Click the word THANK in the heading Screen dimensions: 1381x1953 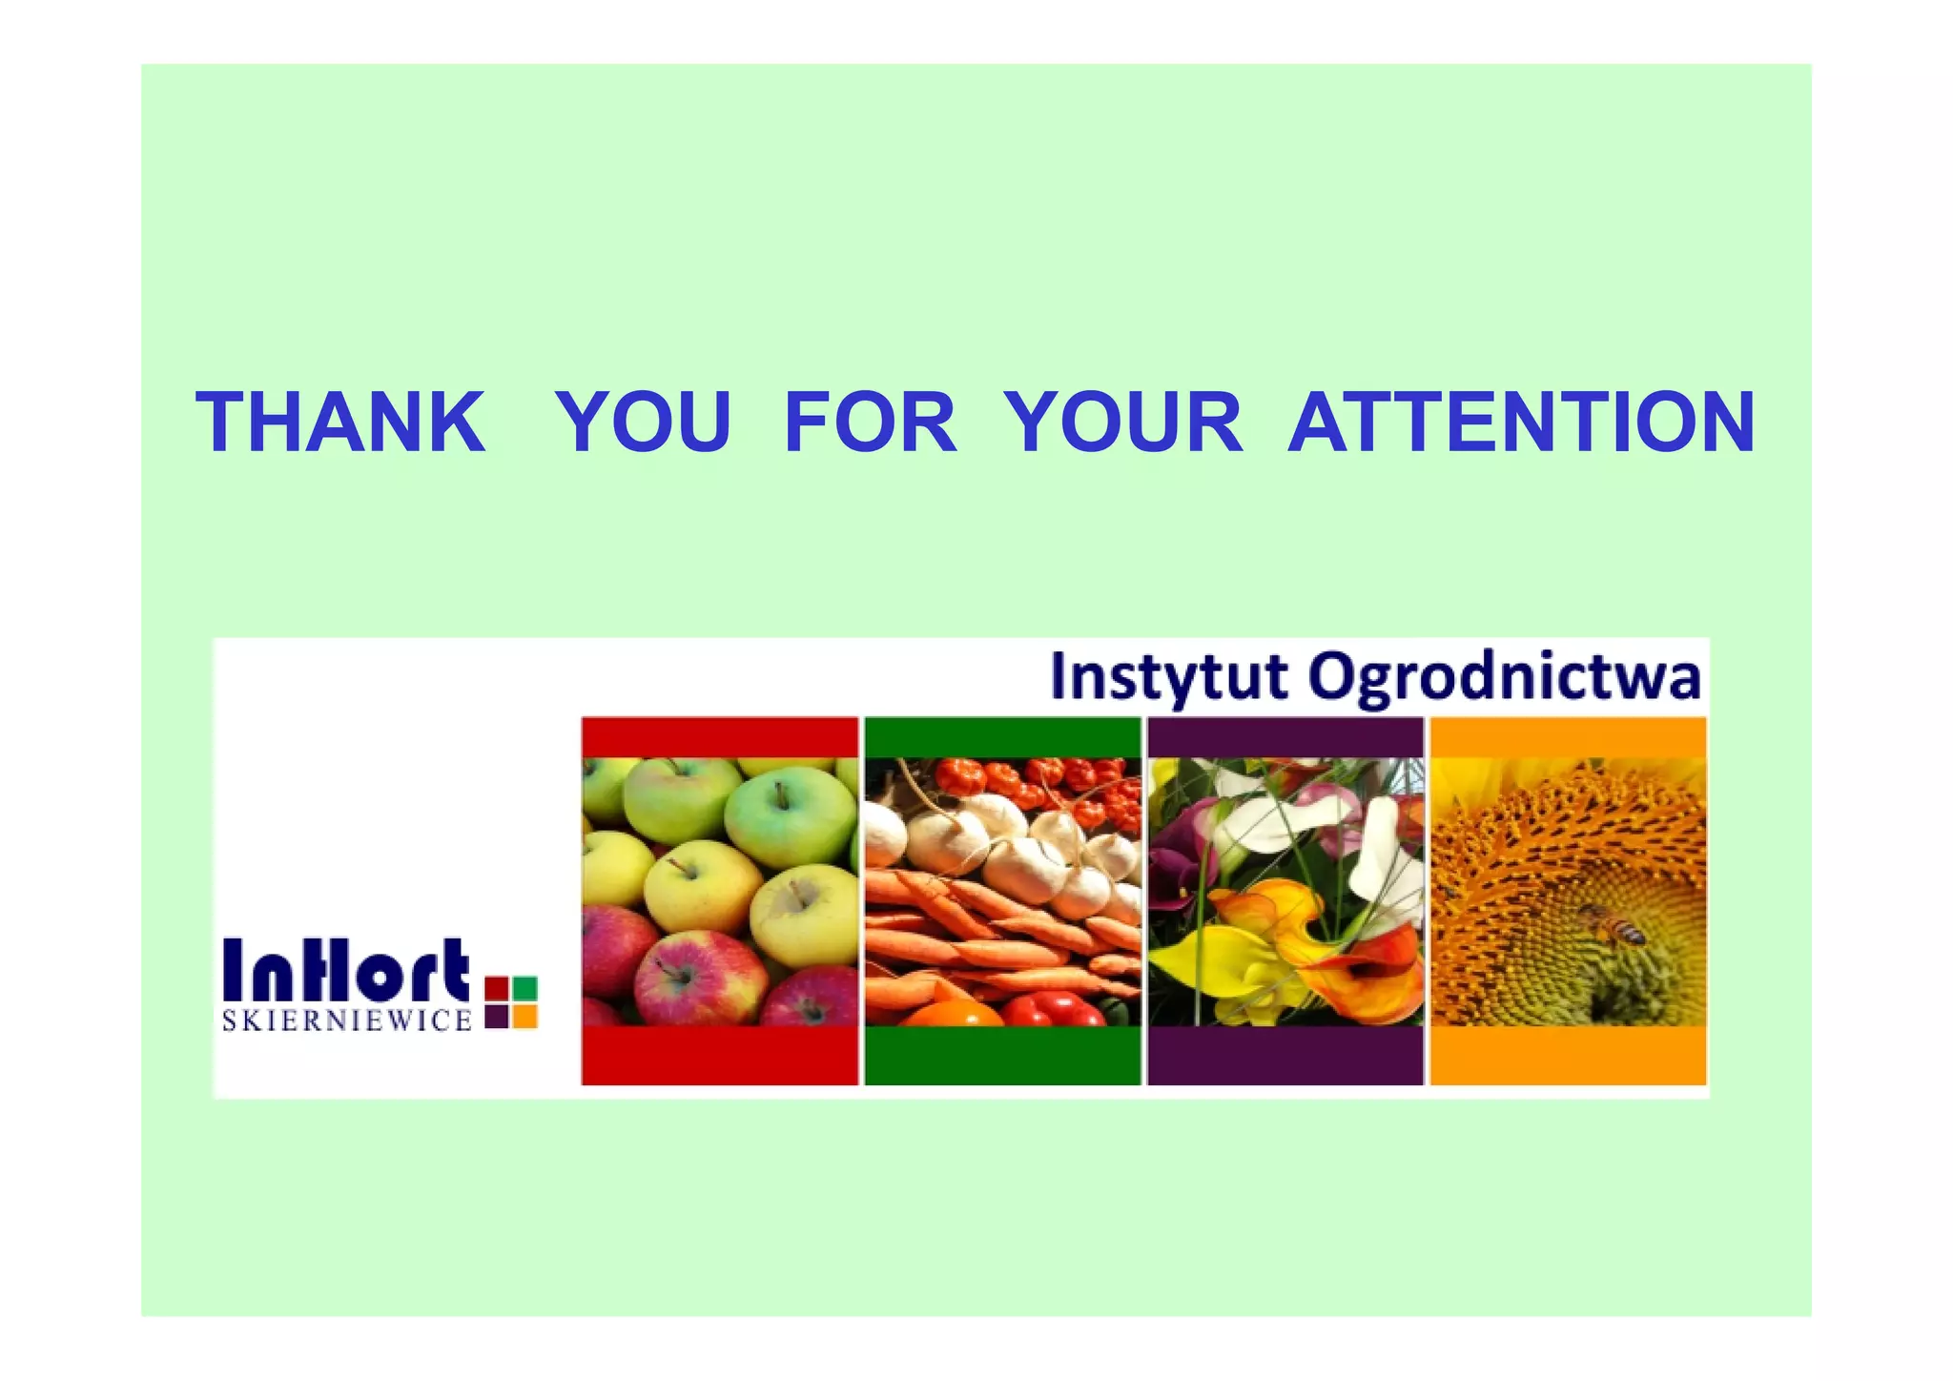coord(340,422)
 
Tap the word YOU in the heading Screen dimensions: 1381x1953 coord(644,422)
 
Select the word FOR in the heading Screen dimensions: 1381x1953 coord(870,422)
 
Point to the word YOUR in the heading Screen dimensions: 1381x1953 coord(1123,422)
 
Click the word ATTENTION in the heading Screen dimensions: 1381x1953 coord(1521,422)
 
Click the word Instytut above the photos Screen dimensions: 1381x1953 coord(1169,676)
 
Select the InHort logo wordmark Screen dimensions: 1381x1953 coord(346,969)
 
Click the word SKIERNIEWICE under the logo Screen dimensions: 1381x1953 coord(347,1021)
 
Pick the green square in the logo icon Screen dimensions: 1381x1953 coord(525,988)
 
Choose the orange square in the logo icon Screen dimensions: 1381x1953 coord(525,1017)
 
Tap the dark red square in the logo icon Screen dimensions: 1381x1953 coord(496,988)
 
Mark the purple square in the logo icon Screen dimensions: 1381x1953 coord(496,1017)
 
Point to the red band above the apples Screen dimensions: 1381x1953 coord(719,737)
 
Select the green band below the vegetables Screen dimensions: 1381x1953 coord(1002,1055)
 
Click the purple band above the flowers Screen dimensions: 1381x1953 coord(1285,737)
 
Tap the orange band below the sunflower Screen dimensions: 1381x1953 coord(1568,1055)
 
